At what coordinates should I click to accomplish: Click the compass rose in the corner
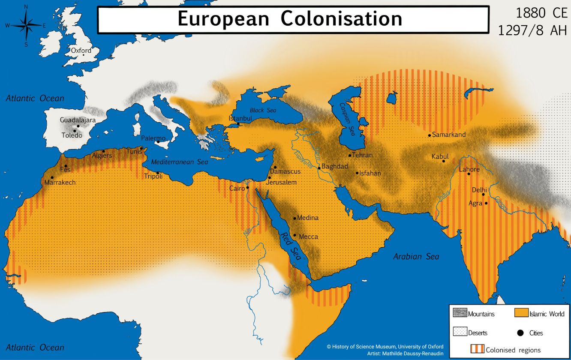(x=26, y=25)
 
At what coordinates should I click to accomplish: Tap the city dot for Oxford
(x=84, y=55)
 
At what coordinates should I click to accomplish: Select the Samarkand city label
(x=449, y=135)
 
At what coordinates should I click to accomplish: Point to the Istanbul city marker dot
(x=238, y=124)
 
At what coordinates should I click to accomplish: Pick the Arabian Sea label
(x=416, y=257)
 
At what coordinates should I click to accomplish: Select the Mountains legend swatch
(x=460, y=313)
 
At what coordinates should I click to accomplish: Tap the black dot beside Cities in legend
(x=521, y=333)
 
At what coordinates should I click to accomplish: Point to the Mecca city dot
(x=295, y=235)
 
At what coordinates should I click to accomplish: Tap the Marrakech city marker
(x=52, y=177)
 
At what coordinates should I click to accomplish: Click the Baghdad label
(x=335, y=166)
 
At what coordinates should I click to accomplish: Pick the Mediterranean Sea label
(x=180, y=162)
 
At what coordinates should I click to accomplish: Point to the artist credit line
(x=405, y=354)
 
